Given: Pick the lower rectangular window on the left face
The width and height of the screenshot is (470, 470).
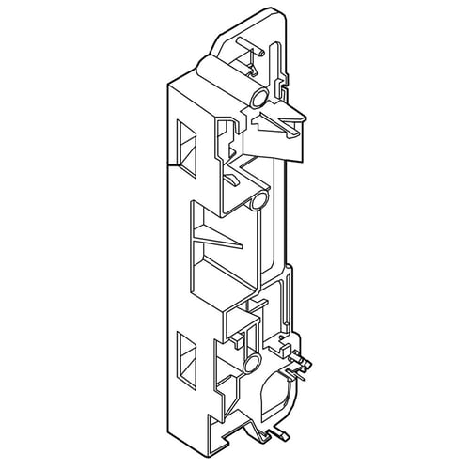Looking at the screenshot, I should (183, 356).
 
